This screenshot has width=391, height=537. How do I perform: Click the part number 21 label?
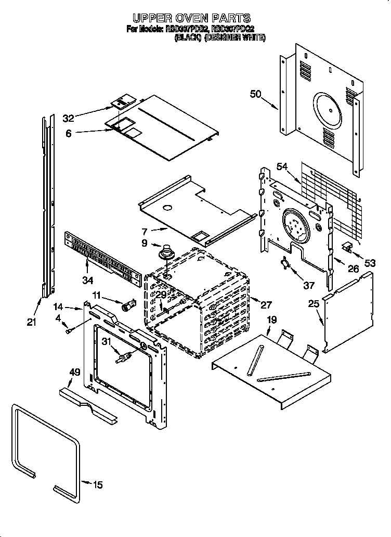click(32, 322)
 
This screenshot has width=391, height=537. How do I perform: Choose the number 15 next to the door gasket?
click(97, 485)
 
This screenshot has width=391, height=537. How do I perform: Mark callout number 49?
click(75, 372)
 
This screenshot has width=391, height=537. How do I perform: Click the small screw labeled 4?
click(68, 330)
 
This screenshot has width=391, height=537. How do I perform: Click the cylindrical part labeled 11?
click(128, 305)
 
